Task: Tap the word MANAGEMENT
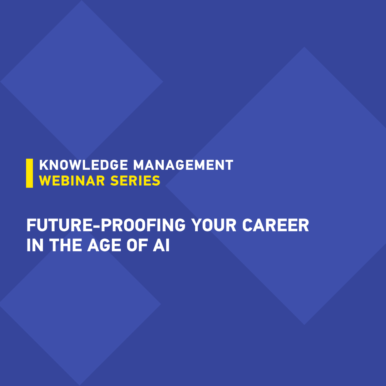click(x=183, y=165)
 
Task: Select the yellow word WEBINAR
click(x=72, y=181)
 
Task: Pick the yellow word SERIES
click(x=135, y=181)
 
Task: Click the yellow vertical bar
click(x=30, y=173)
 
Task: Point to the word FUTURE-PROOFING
click(x=106, y=225)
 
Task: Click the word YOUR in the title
click(x=214, y=225)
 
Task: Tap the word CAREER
click(x=276, y=225)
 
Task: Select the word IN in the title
click(x=35, y=245)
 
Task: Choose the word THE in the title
click(x=65, y=245)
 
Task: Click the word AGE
click(x=104, y=245)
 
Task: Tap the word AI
click(x=161, y=245)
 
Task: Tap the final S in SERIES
click(x=156, y=181)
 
